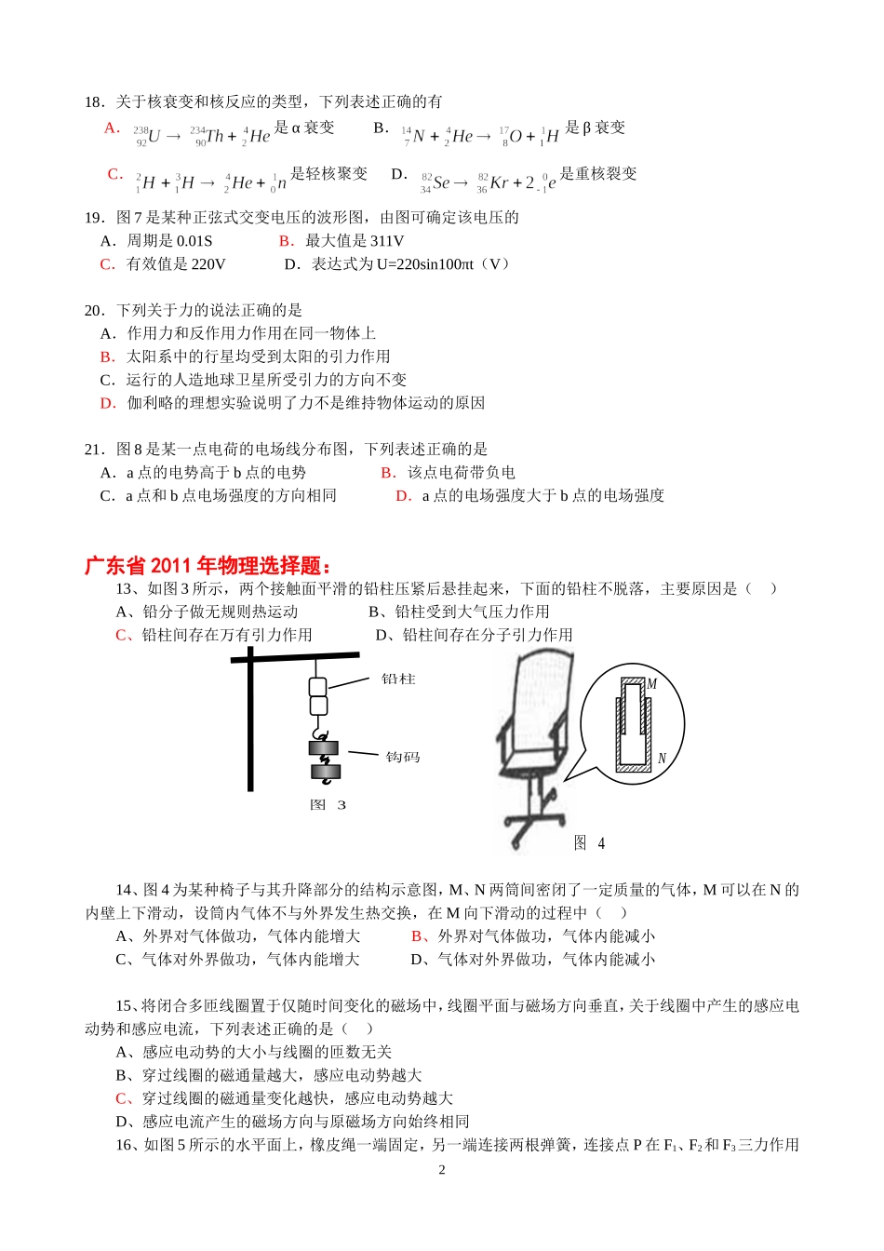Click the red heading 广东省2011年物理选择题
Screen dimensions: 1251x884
[x=208, y=566]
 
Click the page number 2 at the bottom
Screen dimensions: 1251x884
[x=442, y=1170]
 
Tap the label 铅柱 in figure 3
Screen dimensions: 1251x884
[x=398, y=679]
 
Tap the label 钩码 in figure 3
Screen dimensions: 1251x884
[x=403, y=758]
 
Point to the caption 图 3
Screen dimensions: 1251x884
[x=328, y=805]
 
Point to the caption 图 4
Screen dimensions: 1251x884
[x=589, y=843]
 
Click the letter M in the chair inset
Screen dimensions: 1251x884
[x=651, y=684]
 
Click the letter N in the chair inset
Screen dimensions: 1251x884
[x=662, y=759]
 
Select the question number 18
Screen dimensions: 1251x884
[x=93, y=101]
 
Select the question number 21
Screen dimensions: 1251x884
[x=93, y=450]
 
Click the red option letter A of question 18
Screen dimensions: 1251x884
[x=112, y=128]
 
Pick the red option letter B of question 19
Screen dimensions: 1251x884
[x=286, y=241]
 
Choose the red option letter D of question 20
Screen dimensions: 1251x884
[x=108, y=403]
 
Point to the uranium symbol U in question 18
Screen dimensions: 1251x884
[x=154, y=136]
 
